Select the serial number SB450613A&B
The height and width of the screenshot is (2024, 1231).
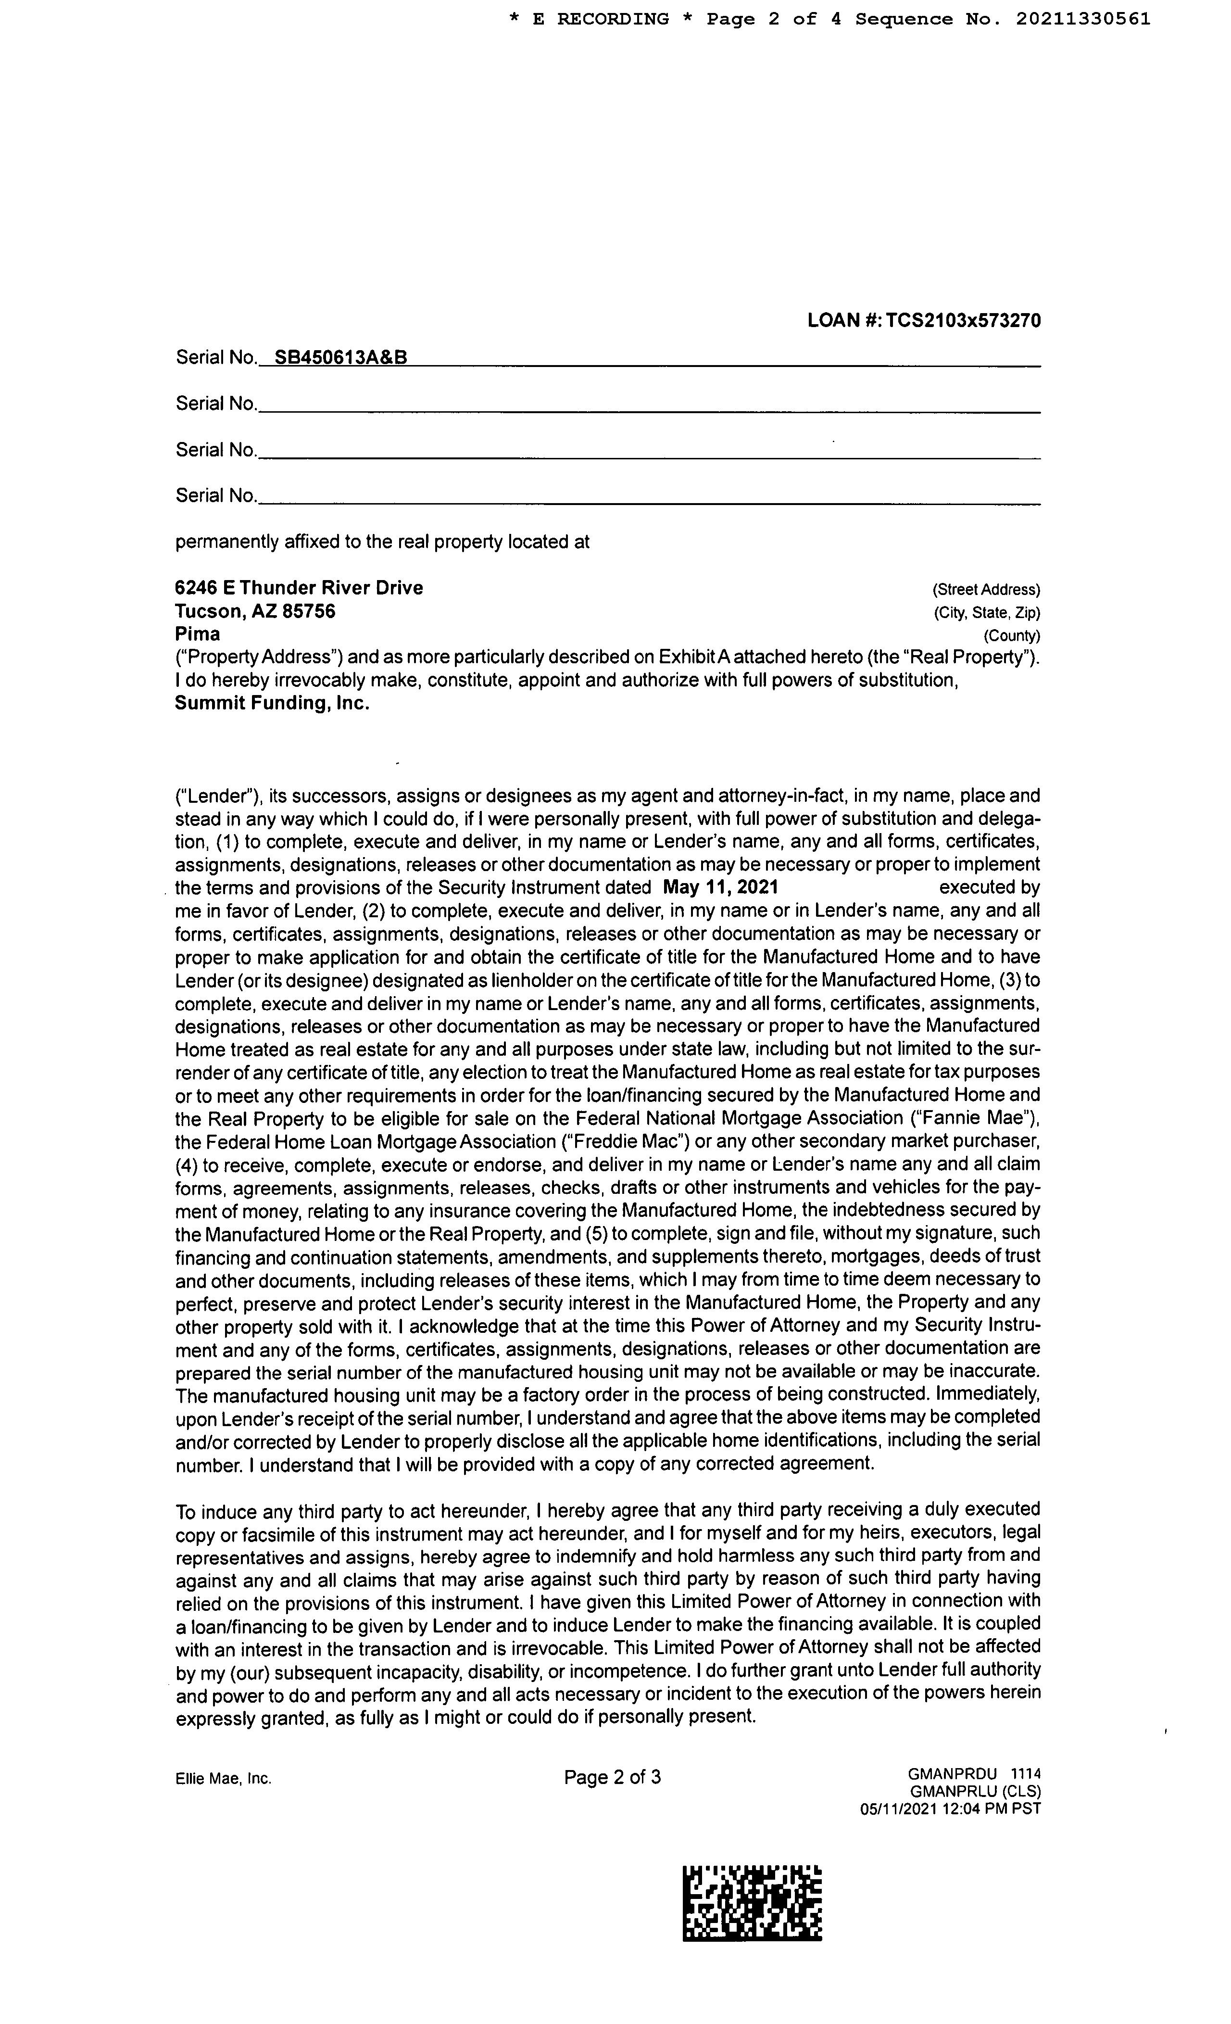341,357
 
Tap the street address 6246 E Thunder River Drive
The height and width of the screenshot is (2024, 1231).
299,588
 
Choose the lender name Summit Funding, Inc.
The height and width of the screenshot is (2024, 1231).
272,704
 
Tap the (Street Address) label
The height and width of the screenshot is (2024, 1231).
985,590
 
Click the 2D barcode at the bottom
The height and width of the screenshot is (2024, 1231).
752,1904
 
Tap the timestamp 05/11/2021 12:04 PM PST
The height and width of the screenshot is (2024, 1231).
950,1809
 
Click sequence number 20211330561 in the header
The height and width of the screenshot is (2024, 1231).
1083,19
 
